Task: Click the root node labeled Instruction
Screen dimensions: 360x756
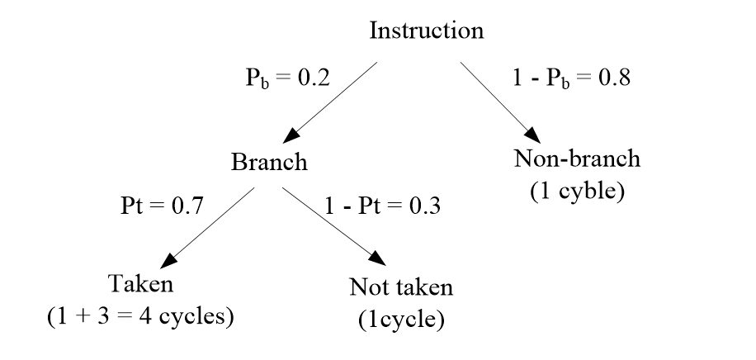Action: pyautogui.click(x=426, y=31)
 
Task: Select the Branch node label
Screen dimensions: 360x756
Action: pyautogui.click(x=268, y=162)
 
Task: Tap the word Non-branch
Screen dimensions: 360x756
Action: pyautogui.click(x=576, y=158)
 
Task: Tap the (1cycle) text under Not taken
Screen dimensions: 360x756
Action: pyautogui.click(x=401, y=320)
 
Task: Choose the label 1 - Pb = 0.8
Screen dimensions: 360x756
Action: pyautogui.click(x=572, y=80)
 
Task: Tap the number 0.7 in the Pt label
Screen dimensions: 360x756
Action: pyautogui.click(x=186, y=204)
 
